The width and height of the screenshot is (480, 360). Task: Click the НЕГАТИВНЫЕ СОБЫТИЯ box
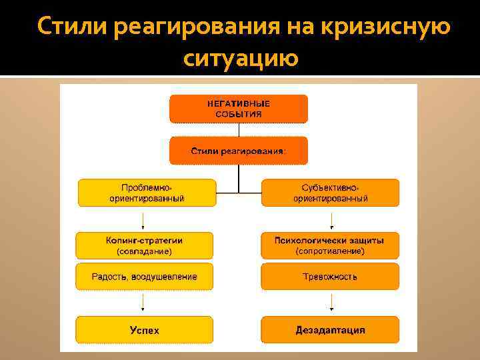click(x=239, y=109)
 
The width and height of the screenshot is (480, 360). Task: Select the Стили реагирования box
click(x=239, y=151)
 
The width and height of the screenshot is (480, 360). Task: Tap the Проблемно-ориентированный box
click(x=147, y=193)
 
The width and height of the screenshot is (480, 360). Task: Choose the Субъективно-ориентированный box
click(x=330, y=193)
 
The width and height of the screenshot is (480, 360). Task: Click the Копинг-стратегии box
click(x=145, y=245)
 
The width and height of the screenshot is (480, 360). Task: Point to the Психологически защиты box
click(x=330, y=245)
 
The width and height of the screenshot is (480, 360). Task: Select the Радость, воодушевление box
click(x=145, y=277)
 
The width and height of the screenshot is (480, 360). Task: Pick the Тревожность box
click(x=330, y=277)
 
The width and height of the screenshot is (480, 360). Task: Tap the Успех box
click(x=145, y=330)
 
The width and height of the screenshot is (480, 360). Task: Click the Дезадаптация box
click(x=330, y=330)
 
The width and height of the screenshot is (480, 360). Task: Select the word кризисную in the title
click(x=386, y=27)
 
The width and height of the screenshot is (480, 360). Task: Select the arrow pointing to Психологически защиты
click(x=331, y=221)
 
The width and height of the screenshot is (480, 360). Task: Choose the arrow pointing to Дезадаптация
click(x=331, y=304)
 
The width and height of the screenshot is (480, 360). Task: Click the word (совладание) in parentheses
click(x=145, y=251)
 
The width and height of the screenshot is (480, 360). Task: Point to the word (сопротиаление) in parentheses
click(x=330, y=251)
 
